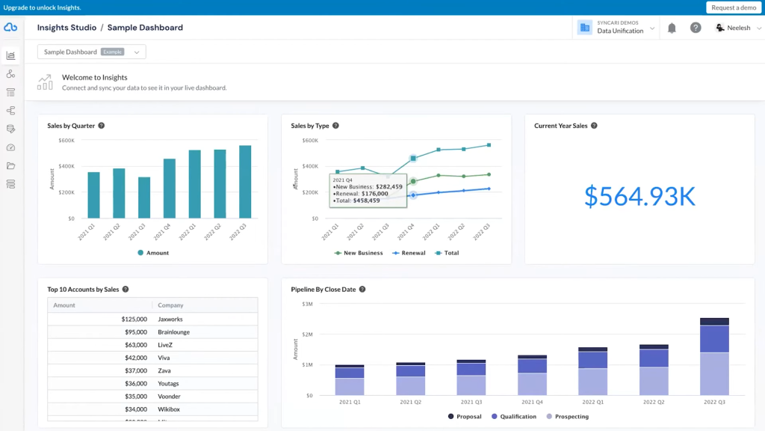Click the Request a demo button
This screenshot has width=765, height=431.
[x=734, y=7]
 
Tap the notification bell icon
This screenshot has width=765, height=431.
[x=672, y=28]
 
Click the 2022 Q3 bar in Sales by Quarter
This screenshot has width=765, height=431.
[x=245, y=182]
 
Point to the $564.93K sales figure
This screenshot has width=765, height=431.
[x=639, y=196]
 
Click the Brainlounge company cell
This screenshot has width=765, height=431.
[x=173, y=331]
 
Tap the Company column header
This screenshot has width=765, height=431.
[x=170, y=305]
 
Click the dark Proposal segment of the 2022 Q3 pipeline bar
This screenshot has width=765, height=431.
[x=714, y=322]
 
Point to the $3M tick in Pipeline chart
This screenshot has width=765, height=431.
[x=307, y=304]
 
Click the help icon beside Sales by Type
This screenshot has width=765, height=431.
[x=336, y=126]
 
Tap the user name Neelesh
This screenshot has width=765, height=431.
[x=737, y=28]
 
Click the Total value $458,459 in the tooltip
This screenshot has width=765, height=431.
[x=362, y=201]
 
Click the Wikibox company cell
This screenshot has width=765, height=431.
[x=169, y=409]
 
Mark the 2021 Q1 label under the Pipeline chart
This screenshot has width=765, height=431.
[x=350, y=403]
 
